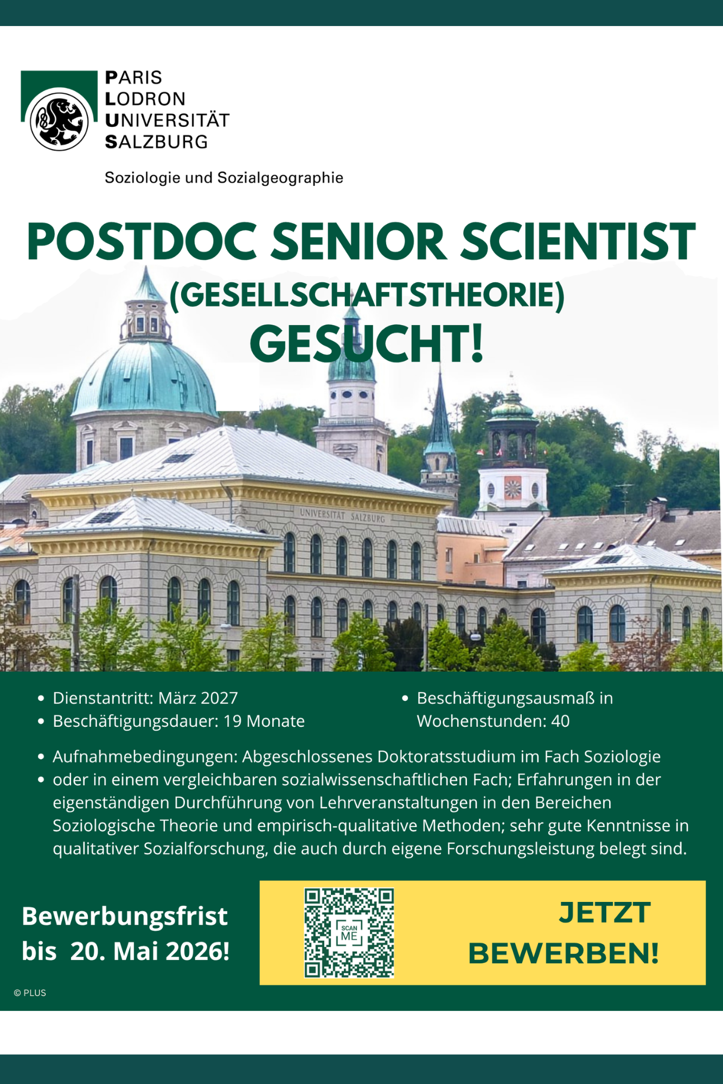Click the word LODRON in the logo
(x=145, y=99)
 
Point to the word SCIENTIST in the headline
(x=578, y=242)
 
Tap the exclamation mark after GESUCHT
(x=477, y=345)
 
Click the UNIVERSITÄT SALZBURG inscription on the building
(x=342, y=515)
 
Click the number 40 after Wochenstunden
(x=560, y=721)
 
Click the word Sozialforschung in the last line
(x=206, y=849)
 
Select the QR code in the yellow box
(x=349, y=932)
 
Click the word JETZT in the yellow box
(x=604, y=913)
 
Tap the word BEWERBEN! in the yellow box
(x=563, y=954)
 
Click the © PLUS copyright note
(x=30, y=993)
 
